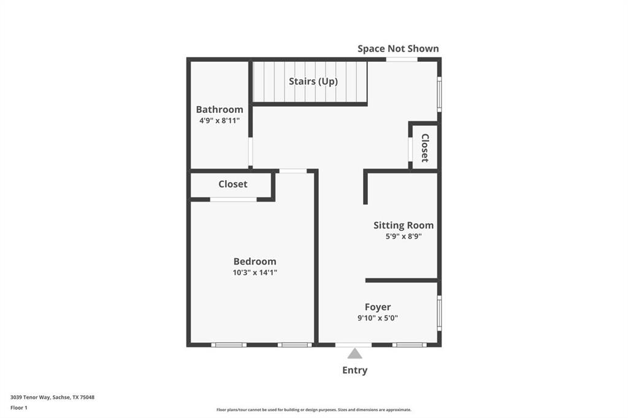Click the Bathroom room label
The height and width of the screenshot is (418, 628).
pos(220,110)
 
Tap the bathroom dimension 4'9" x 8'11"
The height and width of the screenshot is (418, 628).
pos(220,121)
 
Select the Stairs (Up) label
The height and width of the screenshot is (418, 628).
pos(313,81)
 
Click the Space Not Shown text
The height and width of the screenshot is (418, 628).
pos(398,48)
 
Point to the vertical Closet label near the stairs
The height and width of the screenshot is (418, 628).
pos(424,148)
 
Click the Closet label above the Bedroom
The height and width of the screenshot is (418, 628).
pos(233,184)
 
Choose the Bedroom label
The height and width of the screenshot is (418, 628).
pos(255,262)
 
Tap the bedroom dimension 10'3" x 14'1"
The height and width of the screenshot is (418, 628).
pos(255,273)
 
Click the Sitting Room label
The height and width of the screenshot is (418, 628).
pos(404,226)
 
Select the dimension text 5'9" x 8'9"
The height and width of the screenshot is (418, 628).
pos(404,236)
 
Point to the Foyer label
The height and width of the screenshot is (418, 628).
pos(378,307)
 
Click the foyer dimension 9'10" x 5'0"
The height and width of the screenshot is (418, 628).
pos(378,318)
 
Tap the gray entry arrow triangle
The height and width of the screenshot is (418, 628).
pos(354,354)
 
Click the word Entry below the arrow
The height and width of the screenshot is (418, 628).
pos(354,370)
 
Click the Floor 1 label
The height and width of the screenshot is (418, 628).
pos(19,407)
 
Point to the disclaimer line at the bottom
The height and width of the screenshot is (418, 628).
pos(313,409)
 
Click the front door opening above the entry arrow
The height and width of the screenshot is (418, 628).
pos(353,344)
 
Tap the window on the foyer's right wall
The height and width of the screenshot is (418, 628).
pos(438,313)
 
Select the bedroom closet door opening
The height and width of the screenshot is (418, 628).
pos(233,199)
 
